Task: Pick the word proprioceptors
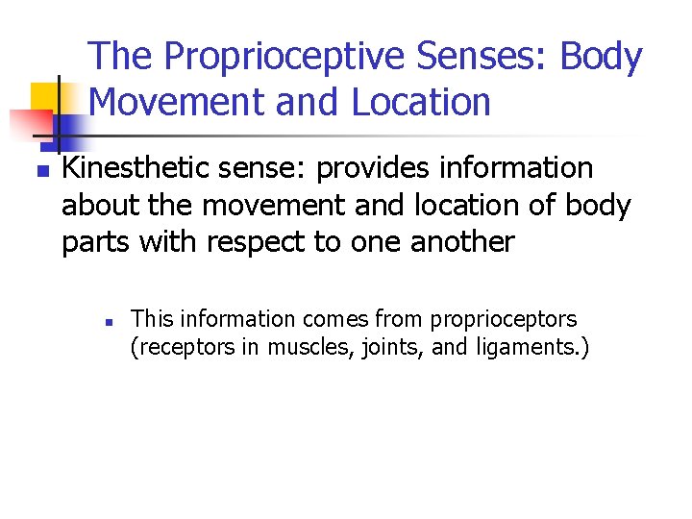(x=504, y=319)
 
